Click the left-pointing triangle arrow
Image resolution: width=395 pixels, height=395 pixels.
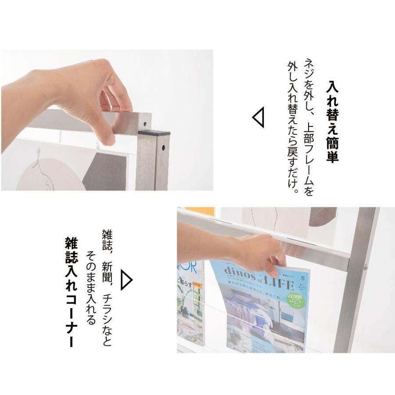tap(259, 118)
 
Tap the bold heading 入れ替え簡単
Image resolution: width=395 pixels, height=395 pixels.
tap(332, 121)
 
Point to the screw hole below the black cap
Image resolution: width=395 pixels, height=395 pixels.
tap(163, 147)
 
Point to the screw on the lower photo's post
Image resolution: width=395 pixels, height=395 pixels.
tap(367, 266)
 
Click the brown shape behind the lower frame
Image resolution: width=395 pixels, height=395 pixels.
tap(322, 216)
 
